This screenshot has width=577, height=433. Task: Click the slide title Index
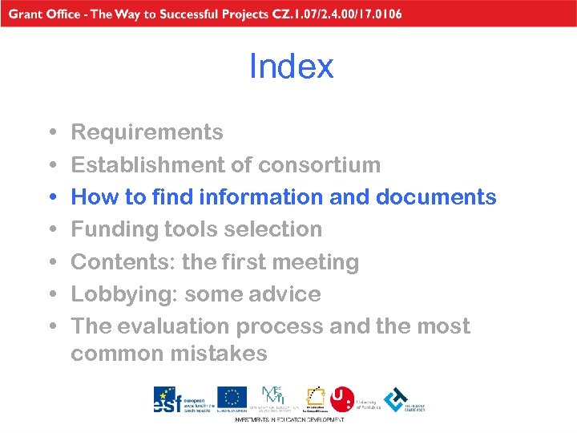291,67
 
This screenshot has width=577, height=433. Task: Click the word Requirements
147,132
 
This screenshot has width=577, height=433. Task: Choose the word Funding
115,229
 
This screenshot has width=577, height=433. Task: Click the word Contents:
123,262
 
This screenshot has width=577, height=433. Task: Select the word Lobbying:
124,294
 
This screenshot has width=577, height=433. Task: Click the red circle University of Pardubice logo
343,399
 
